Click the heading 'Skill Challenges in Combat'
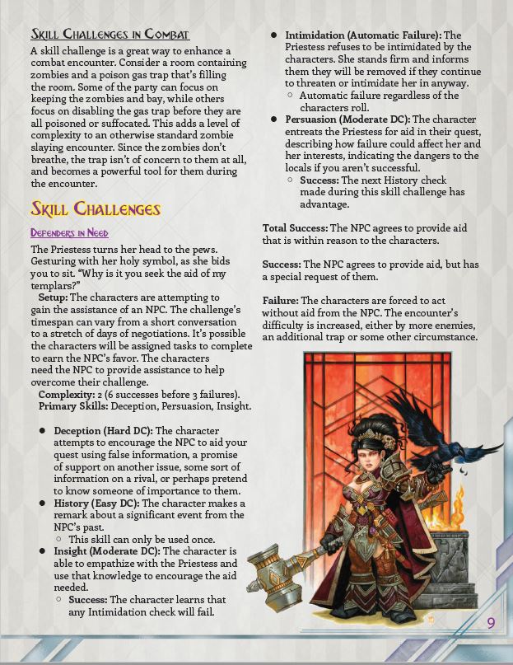110,34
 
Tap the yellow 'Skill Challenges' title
96,208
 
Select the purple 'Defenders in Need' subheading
69,233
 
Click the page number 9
491,622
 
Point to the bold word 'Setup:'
54,297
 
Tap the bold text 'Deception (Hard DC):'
103,430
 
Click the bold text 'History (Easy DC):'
98,503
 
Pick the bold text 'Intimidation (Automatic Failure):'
363,35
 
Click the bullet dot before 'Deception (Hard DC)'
42,431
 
